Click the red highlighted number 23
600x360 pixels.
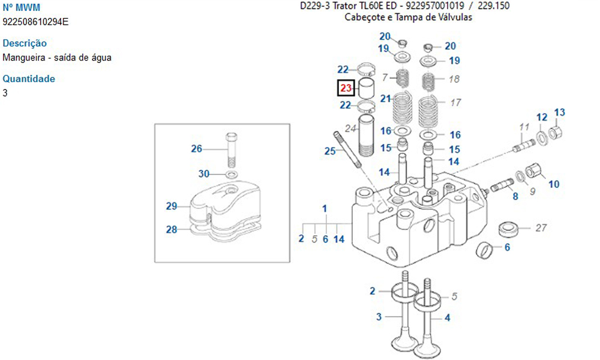345,89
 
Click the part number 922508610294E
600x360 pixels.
35,22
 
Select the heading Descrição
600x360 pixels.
25,43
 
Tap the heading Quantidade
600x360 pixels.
29,79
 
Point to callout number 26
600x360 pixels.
196,149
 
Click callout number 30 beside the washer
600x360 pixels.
204,174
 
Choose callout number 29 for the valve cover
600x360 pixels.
172,206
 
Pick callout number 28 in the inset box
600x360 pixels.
172,229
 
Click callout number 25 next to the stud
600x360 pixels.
330,151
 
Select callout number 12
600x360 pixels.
542,117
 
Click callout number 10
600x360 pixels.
553,184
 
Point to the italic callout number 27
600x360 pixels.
541,228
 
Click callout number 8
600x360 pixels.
515,196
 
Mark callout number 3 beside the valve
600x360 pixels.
379,316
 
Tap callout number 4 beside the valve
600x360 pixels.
447,317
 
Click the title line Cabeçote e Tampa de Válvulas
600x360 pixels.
408,17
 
